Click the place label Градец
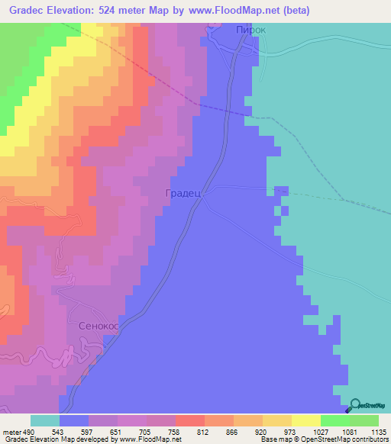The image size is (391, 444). coord(183,194)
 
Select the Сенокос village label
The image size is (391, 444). coord(99,325)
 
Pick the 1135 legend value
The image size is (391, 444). coord(378,432)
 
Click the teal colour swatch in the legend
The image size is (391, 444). coord(44,420)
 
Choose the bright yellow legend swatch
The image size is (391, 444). coord(305,420)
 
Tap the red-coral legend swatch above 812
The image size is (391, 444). coord(189,420)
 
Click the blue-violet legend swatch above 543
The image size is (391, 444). coord(73,420)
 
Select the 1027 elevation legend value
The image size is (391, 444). coord(320,432)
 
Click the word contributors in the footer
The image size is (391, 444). coord(370,439)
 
